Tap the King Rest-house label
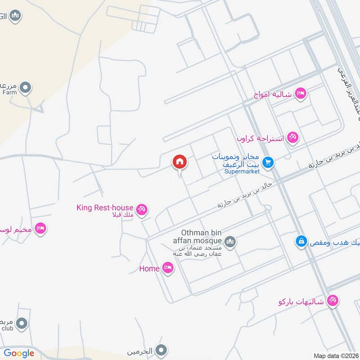(x=105, y=207)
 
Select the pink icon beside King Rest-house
(x=142, y=210)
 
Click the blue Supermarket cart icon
(x=269, y=162)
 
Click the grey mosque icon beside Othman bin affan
(x=230, y=243)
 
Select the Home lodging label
(x=149, y=269)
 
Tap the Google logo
(x=19, y=353)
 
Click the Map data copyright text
(x=335, y=355)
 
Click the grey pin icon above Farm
(x=26, y=87)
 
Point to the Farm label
(x=9, y=93)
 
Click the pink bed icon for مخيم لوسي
(x=41, y=229)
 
